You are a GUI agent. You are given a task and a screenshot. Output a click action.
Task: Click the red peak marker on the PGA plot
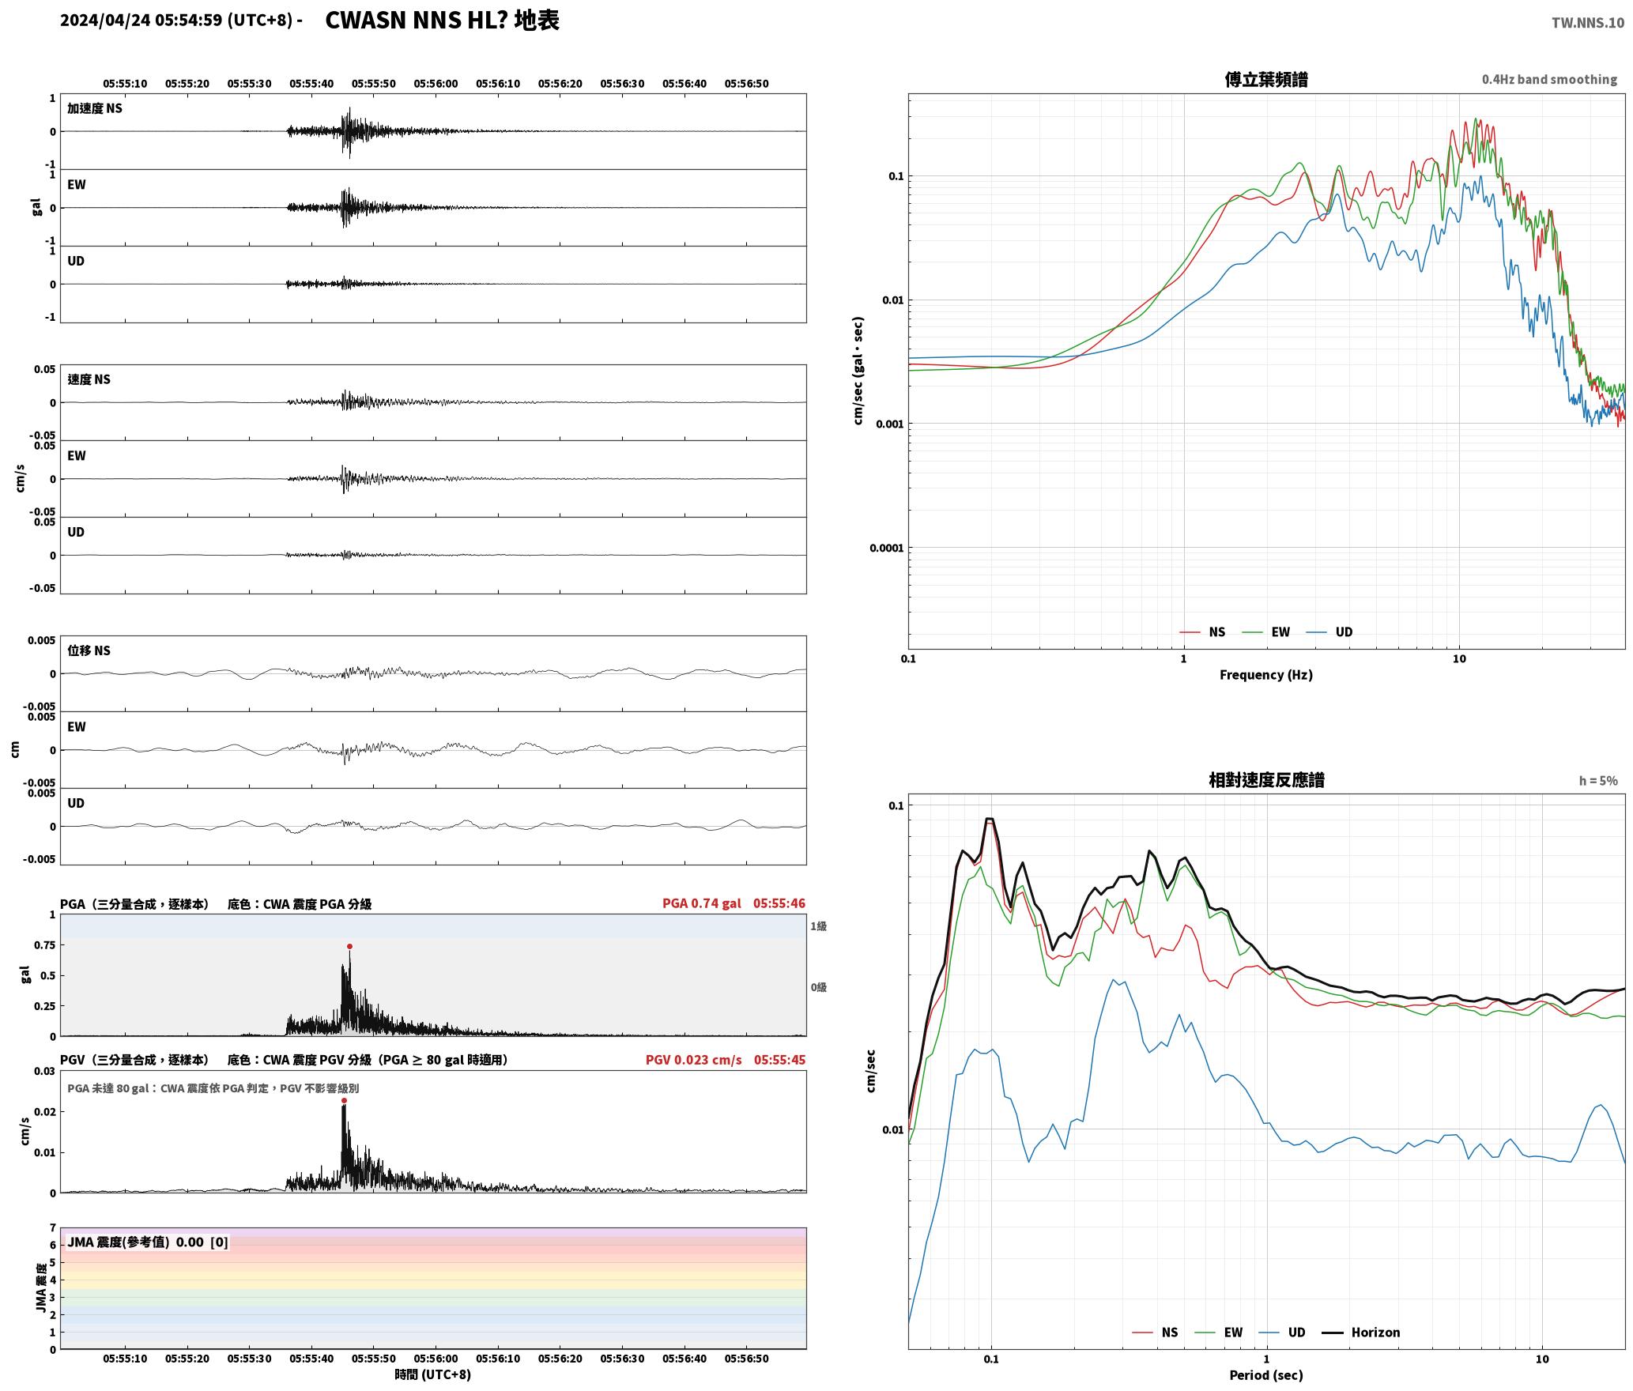click(349, 946)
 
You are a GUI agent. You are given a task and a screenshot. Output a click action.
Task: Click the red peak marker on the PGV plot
click(344, 1100)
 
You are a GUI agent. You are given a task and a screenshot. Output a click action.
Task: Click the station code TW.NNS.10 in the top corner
click(1588, 22)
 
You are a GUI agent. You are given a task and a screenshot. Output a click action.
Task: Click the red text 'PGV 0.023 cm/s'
click(694, 1060)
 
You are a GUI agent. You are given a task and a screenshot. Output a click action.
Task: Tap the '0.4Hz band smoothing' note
click(1549, 79)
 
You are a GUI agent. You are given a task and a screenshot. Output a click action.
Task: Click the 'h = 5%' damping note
click(1598, 781)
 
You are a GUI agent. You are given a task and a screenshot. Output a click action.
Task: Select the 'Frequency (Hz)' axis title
click(1265, 675)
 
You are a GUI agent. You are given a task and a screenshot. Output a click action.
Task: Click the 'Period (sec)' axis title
click(1265, 1375)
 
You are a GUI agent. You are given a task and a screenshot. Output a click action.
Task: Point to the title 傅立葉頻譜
click(1266, 79)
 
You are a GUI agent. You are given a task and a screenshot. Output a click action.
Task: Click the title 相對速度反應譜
click(1266, 780)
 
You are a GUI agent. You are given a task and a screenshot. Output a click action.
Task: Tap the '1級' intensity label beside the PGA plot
click(818, 926)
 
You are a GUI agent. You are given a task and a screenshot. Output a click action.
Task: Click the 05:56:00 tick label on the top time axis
click(436, 84)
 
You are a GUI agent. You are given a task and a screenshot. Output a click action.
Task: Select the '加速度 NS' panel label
click(95, 108)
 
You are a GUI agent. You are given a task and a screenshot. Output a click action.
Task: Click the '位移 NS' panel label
click(89, 650)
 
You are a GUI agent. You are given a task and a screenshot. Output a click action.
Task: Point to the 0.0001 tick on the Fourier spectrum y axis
click(886, 548)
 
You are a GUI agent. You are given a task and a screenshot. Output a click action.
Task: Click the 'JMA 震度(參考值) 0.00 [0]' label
click(148, 1242)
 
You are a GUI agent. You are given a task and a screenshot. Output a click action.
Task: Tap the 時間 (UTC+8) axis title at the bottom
click(433, 1375)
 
